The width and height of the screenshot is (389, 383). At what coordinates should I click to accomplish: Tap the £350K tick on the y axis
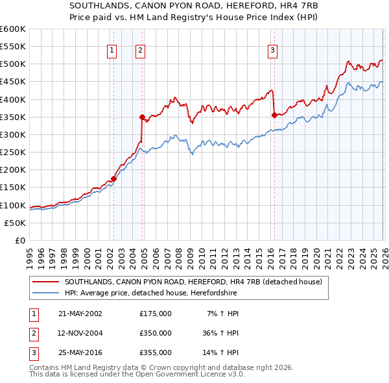pos(12,117)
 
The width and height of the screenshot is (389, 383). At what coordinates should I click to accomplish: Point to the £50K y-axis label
pos(15,223)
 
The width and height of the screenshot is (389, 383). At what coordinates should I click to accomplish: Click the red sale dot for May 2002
pos(113,179)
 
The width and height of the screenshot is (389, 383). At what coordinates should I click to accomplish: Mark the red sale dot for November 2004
pos(142,117)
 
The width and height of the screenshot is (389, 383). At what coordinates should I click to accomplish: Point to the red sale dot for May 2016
pos(274,116)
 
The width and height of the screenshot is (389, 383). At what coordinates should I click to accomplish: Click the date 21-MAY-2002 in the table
pos(80,314)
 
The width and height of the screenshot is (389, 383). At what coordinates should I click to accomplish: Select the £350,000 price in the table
pos(156,333)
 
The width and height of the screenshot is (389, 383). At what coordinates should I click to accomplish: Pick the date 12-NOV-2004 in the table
pos(80,333)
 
